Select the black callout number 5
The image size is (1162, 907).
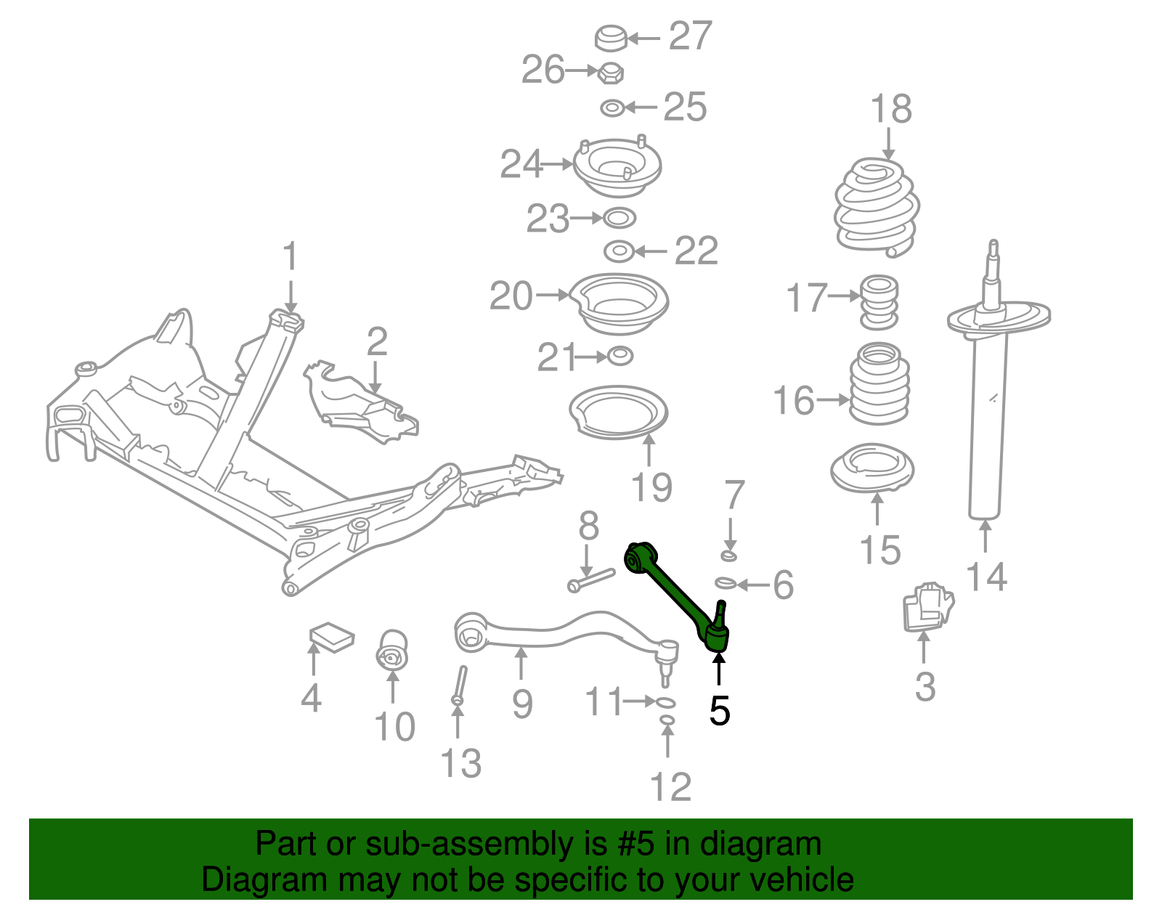(719, 711)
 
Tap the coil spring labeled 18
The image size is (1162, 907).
(877, 208)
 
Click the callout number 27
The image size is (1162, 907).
(690, 36)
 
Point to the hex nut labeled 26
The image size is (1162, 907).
(611, 72)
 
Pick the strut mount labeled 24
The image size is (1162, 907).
(617, 168)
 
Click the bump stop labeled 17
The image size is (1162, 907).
(879, 302)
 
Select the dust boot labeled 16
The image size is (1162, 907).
(879, 384)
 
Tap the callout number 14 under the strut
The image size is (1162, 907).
(986, 577)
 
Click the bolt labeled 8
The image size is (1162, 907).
(590, 580)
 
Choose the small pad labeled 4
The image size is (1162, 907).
(331, 637)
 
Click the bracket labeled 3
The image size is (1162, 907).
(927, 605)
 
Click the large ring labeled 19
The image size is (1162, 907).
(618, 413)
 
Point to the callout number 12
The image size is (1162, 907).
(670, 787)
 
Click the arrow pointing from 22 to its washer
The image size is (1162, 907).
(651, 251)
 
